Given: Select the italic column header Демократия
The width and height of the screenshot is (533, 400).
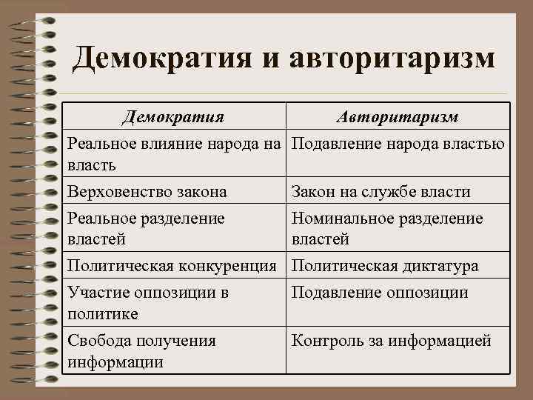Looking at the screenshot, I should (x=174, y=117).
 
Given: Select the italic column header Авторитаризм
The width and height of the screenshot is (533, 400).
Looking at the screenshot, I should (x=397, y=117).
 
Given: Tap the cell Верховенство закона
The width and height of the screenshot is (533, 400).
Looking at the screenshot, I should (x=147, y=192).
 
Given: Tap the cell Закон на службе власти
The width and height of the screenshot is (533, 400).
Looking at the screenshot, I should (x=381, y=192).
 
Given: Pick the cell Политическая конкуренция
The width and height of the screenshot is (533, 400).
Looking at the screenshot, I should (x=175, y=265).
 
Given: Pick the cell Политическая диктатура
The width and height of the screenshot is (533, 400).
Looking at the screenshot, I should (x=385, y=265).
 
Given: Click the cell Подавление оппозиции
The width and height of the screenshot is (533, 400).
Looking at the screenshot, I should (x=380, y=293).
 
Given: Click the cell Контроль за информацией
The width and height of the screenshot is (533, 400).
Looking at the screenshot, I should (x=392, y=341).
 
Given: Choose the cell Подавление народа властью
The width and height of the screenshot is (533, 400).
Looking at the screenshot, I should (x=398, y=143).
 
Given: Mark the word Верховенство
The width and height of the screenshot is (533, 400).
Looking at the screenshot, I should (x=119, y=192).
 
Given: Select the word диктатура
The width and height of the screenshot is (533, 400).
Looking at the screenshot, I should (x=437, y=265).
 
